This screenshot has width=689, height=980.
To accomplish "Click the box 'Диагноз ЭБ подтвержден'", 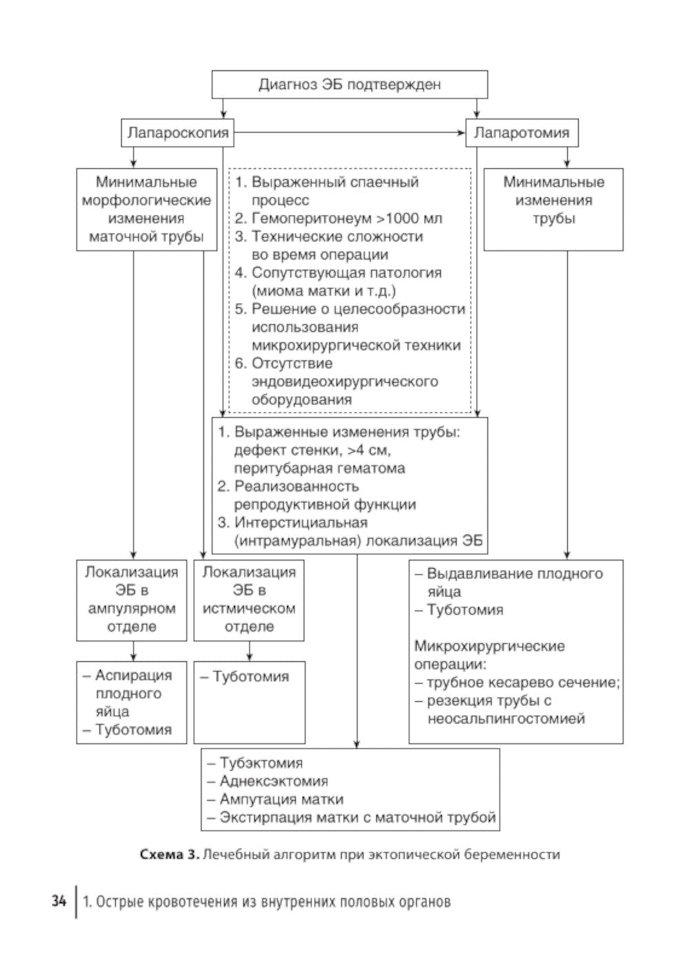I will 349,85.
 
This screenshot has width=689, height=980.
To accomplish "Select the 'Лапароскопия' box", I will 178,133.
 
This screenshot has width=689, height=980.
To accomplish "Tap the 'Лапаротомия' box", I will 522,133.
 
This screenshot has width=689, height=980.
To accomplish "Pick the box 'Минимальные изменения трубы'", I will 553,209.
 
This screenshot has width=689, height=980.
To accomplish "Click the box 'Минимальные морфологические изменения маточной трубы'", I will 146,209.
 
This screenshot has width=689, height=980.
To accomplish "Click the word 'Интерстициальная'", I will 300,523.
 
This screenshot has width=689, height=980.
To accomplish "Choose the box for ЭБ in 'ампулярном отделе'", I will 132,599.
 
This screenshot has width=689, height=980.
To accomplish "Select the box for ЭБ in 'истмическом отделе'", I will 249,599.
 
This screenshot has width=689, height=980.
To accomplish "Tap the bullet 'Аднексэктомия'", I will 274,781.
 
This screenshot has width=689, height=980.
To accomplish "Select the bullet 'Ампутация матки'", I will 281,800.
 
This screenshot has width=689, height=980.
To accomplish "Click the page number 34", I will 59,901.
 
